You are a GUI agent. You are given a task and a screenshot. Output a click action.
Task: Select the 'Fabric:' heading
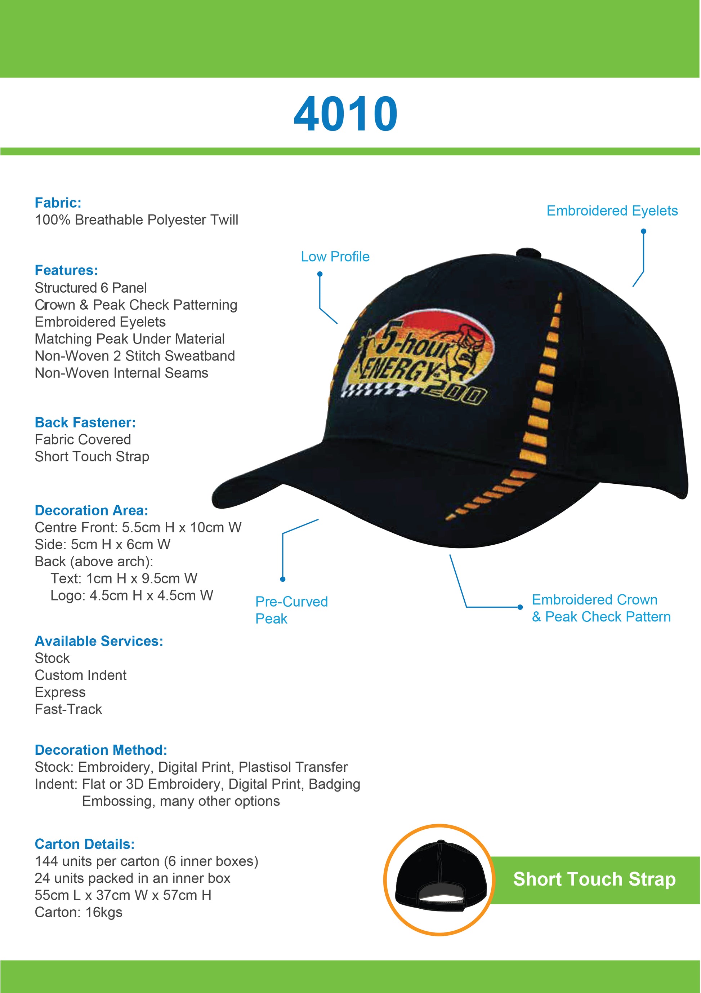click(58, 203)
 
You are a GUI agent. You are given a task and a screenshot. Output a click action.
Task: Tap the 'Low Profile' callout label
click(335, 257)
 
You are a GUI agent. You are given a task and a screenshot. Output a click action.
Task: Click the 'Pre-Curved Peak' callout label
click(291, 610)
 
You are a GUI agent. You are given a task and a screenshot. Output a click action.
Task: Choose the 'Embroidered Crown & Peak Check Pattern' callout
click(601, 608)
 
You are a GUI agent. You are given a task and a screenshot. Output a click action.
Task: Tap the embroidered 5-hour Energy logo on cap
click(421, 359)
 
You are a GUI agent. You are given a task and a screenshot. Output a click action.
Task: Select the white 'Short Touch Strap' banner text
click(594, 879)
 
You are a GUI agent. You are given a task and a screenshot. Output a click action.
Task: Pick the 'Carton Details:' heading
click(85, 844)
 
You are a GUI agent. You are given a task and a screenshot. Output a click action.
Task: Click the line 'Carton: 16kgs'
click(79, 912)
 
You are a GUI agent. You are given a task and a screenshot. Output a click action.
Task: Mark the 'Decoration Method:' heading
click(101, 750)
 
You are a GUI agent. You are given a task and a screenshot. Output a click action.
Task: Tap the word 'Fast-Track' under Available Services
click(68, 709)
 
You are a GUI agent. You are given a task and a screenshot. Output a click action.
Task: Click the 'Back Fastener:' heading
click(85, 422)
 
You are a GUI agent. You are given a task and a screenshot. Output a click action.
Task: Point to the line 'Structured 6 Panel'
click(91, 288)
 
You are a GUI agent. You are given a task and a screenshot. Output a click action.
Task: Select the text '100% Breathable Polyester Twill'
click(137, 220)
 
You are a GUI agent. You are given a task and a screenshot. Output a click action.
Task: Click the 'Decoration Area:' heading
click(91, 510)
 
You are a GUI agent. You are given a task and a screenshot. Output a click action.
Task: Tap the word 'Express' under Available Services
click(60, 692)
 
